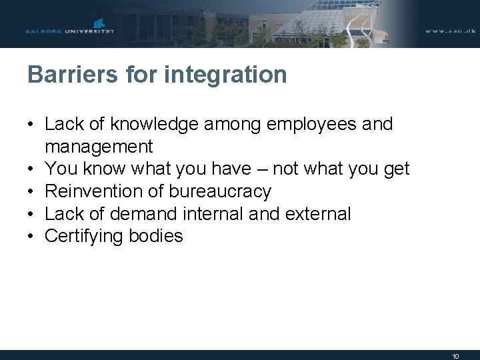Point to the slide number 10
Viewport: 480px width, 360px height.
tap(455, 356)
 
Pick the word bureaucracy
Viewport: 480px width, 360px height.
tap(220, 191)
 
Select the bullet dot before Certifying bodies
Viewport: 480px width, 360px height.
tap(31, 236)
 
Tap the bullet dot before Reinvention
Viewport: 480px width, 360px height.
tap(31, 191)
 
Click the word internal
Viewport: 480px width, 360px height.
tap(249, 213)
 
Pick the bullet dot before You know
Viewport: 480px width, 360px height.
tap(31, 169)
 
